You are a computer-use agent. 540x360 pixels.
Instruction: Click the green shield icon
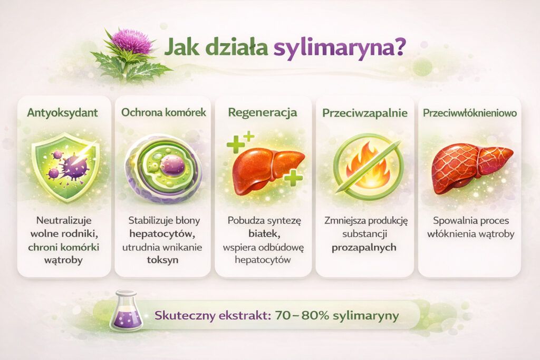pos(65,166)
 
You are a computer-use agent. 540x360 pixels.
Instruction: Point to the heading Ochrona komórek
pos(162,112)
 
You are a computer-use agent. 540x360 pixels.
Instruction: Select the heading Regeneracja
pos(262,112)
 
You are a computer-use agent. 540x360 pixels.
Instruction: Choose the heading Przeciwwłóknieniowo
pos(469,112)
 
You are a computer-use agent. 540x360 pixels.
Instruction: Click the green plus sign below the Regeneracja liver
pos(293,178)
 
